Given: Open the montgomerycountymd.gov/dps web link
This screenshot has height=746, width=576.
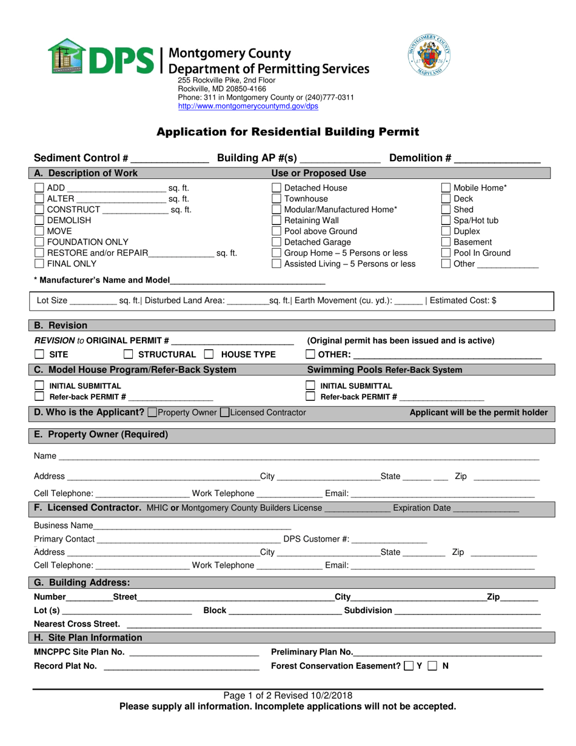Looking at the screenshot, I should pos(247,106).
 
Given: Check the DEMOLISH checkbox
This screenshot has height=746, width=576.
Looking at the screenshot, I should pos(39,220).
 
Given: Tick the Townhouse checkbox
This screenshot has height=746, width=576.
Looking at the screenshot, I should pos(276,199).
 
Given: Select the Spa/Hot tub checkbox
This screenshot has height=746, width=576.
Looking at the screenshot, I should pos(446,221).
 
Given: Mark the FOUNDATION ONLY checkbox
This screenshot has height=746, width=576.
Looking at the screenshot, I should pos(39,242).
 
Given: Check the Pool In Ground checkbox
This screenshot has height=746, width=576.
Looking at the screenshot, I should pos(446,254).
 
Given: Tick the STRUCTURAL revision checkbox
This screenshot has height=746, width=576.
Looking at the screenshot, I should pos(129,355).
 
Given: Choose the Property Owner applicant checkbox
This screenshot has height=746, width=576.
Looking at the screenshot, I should pos(152,413).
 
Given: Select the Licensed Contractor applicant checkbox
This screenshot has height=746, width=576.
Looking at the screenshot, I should pos(224,413).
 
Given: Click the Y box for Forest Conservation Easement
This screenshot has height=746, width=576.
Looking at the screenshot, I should pos(409,666).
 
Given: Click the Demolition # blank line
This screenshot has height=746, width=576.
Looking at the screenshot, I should pos(497,160).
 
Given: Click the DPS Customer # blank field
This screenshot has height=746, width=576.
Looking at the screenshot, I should pos(389,539).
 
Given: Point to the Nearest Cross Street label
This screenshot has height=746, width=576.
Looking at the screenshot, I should pos(76,624).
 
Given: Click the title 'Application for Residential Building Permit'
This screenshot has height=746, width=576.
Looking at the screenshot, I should pos(288,132).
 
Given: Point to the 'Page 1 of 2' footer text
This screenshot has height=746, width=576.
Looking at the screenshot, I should pos(287,696).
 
